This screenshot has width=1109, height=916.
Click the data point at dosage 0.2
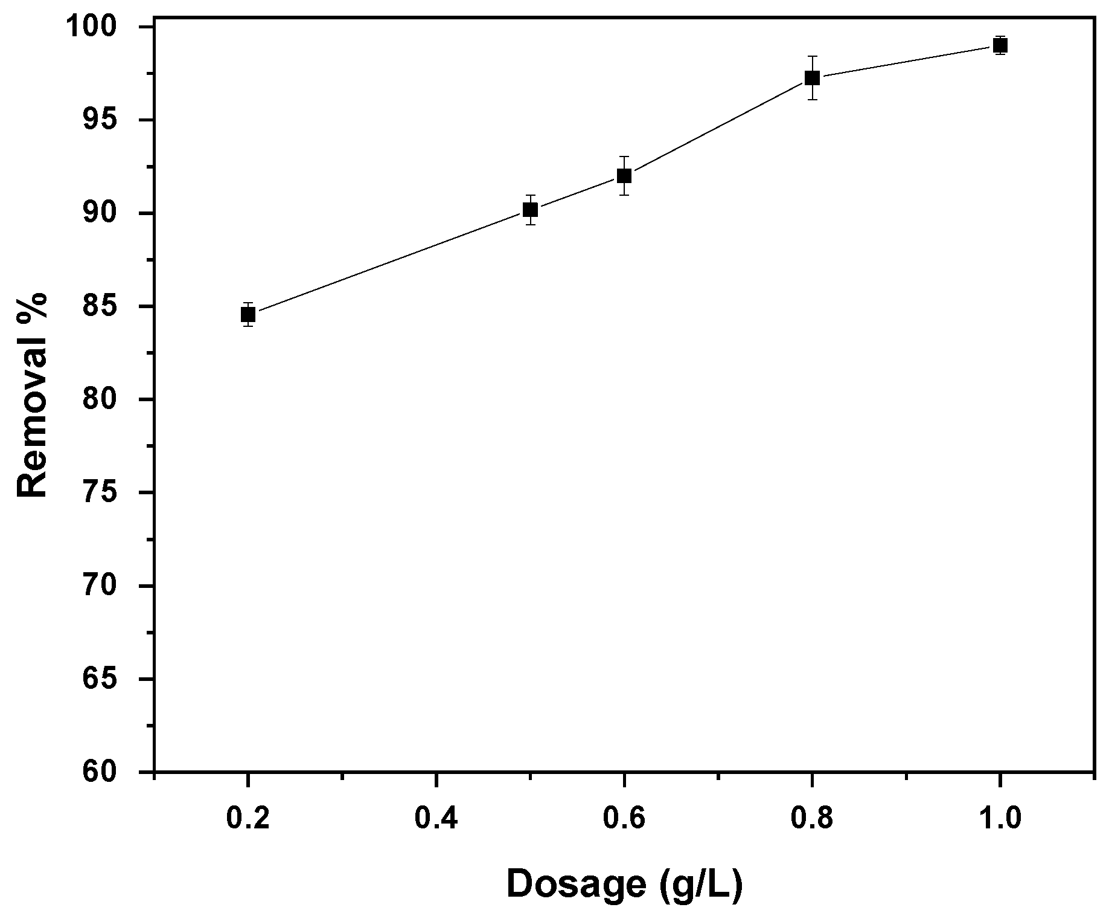pyautogui.click(x=248, y=314)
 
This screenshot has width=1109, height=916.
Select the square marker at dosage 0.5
pyautogui.click(x=530, y=210)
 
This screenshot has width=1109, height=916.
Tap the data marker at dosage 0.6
pyautogui.click(x=624, y=176)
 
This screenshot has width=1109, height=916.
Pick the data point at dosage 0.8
pyautogui.click(x=812, y=78)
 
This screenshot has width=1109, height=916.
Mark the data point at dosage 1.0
pyautogui.click(x=1000, y=45)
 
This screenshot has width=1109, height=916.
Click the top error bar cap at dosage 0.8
pyautogui.click(x=812, y=56)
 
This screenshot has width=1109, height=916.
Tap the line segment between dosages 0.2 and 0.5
pyautogui.click(x=389, y=262)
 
